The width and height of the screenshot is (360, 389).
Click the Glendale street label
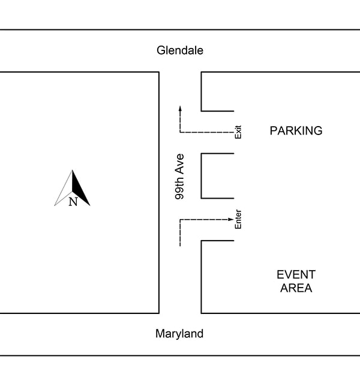click(180, 50)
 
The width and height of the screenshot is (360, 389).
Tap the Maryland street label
click(179, 334)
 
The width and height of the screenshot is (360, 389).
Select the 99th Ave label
click(179, 176)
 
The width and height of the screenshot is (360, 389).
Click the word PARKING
click(296, 131)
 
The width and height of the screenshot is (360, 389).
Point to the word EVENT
click(296, 275)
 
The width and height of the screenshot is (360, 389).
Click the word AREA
click(296, 288)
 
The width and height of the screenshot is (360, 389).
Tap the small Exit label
click(238, 132)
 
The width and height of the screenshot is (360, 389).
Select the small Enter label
click(238, 220)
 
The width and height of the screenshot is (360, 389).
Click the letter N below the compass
click(73, 202)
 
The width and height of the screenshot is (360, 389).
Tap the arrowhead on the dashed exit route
click(180, 108)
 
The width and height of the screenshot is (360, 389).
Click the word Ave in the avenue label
click(179, 163)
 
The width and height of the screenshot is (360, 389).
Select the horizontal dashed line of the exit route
click(207, 132)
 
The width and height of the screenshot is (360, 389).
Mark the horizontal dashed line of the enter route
click(204, 220)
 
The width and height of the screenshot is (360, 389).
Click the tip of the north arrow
click(73, 171)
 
